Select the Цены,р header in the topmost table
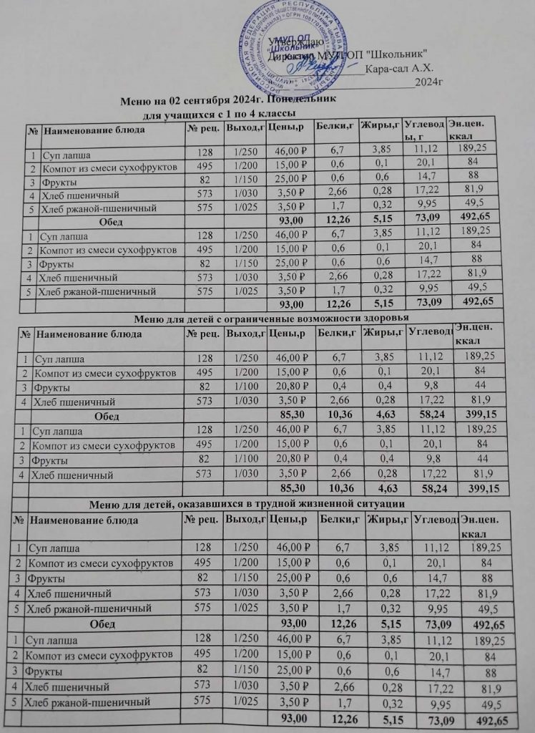click(x=286, y=129)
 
